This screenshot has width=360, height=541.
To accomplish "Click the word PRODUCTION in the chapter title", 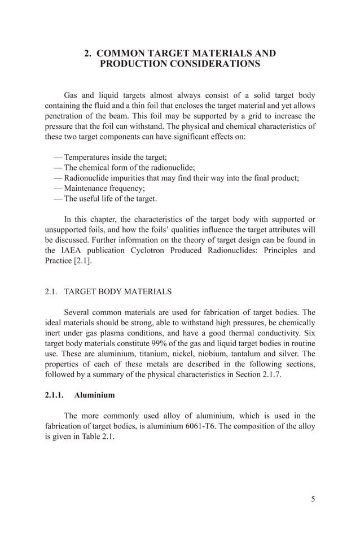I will [134, 64].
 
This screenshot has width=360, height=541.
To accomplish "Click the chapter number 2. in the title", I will [88, 54].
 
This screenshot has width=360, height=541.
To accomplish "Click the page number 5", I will [313, 499].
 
